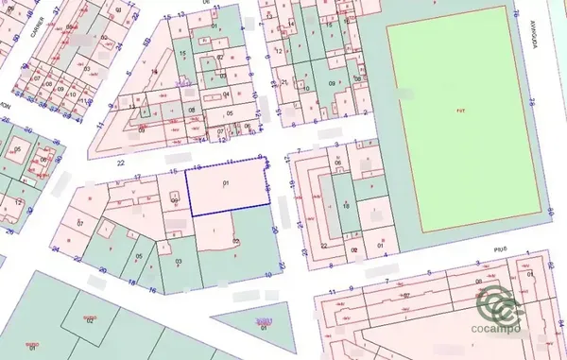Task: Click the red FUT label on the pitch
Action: tap(460, 111)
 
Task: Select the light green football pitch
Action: tap(460, 142)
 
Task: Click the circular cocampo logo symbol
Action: tap(501, 304)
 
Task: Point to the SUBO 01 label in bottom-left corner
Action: tap(31, 346)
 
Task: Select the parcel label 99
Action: tap(175, 200)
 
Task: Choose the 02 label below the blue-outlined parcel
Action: tap(236, 242)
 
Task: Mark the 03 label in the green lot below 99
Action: tap(178, 261)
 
